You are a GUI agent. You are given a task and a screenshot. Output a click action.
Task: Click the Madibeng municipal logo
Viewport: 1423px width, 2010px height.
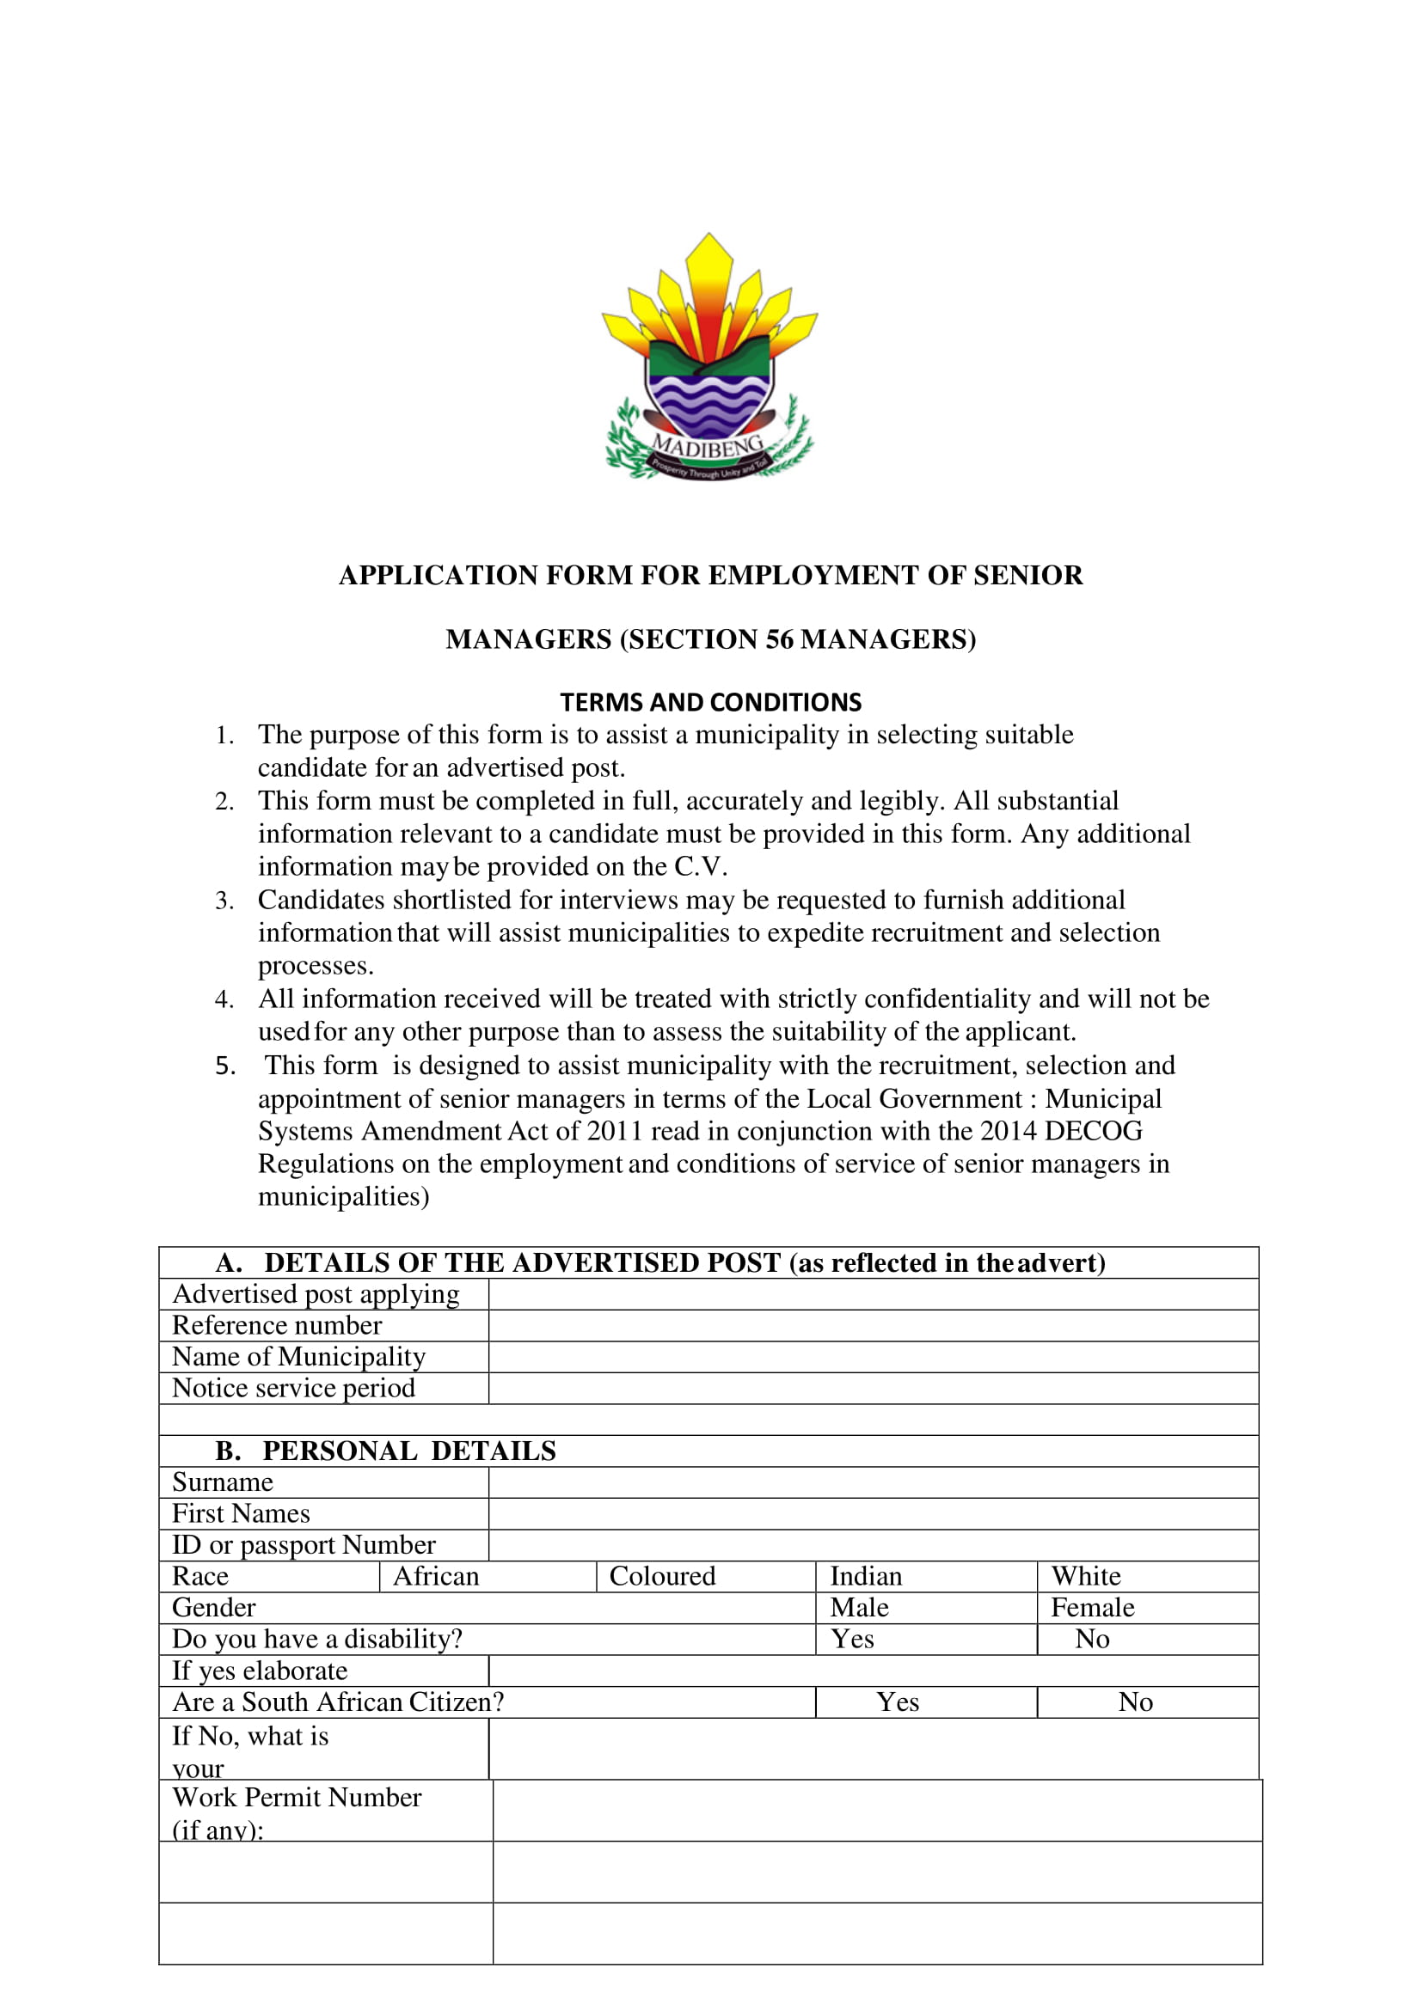click(x=709, y=359)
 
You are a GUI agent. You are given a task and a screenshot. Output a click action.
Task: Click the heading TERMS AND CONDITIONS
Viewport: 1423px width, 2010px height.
click(x=710, y=702)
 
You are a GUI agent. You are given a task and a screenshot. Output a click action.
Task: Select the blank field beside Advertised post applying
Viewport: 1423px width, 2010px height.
click(x=873, y=1294)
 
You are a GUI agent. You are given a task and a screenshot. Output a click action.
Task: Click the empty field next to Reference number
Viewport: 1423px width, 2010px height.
click(x=873, y=1326)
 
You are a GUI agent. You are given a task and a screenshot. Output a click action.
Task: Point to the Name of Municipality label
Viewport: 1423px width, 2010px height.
click(x=299, y=1357)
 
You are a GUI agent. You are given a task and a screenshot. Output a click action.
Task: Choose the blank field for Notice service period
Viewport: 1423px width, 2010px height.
click(x=873, y=1388)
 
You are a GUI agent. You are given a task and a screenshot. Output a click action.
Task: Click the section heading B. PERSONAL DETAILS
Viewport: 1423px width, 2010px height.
click(x=385, y=1451)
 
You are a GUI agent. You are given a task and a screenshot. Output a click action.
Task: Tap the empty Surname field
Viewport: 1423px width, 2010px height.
click(x=873, y=1482)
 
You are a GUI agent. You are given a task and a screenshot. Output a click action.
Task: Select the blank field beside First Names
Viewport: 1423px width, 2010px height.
click(x=873, y=1514)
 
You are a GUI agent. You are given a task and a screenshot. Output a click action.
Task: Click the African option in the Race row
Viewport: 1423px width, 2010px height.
click(x=437, y=1577)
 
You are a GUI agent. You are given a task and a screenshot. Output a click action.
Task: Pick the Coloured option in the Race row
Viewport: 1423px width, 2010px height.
click(x=662, y=1577)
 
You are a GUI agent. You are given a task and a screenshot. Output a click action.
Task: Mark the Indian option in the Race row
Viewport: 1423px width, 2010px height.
click(x=866, y=1577)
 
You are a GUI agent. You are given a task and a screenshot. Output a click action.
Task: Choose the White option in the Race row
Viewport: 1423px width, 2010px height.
click(x=1086, y=1577)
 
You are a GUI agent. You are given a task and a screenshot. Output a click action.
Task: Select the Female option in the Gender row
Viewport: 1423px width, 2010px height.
click(x=1092, y=1608)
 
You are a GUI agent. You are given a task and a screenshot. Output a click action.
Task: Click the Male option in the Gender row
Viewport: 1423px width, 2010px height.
click(x=860, y=1608)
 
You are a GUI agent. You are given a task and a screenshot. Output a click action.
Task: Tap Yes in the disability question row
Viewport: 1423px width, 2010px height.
click(x=853, y=1640)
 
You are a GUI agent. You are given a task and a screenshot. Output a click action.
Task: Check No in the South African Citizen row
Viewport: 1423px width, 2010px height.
click(x=1136, y=1702)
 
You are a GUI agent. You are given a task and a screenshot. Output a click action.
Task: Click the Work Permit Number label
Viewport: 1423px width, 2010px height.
click(x=297, y=1798)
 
